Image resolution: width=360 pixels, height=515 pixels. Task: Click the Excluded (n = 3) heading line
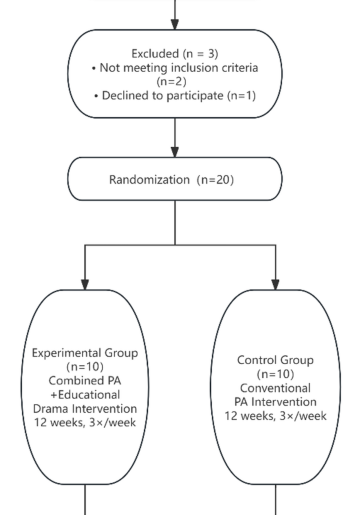[x=178, y=53]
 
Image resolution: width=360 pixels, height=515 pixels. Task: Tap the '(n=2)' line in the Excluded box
[x=178, y=85]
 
